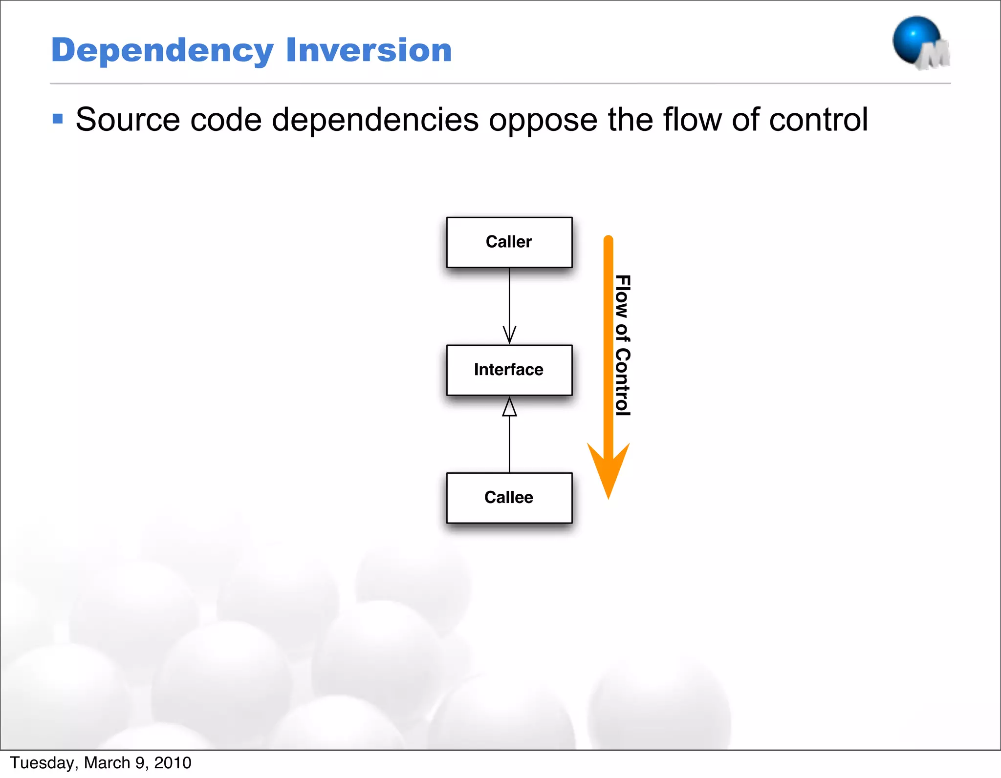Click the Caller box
click(x=509, y=242)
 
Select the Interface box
click(x=509, y=370)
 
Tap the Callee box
click(x=509, y=498)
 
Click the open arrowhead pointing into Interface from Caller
click(x=509, y=336)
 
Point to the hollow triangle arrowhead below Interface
click(x=509, y=407)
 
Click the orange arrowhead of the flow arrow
click(x=608, y=469)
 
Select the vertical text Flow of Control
click(x=622, y=345)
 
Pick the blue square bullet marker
click(x=58, y=119)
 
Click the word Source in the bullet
click(x=128, y=120)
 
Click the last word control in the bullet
click(x=818, y=120)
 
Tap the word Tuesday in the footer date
click(x=42, y=763)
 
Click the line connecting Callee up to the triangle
click(x=509, y=444)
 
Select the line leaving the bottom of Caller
click(x=509, y=298)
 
